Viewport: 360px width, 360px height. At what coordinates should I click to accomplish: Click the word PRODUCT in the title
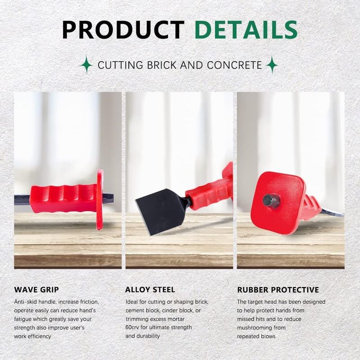(x=123, y=30)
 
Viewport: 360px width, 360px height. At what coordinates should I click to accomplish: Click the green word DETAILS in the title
(x=246, y=30)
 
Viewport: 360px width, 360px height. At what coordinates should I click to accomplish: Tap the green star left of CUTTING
(x=86, y=64)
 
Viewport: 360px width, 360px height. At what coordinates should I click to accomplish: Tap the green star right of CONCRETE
(x=272, y=64)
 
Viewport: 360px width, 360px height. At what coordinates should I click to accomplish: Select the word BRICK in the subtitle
(x=162, y=65)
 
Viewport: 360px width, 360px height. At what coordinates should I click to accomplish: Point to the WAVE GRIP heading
(x=36, y=290)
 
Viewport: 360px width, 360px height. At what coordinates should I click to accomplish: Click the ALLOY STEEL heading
(x=150, y=290)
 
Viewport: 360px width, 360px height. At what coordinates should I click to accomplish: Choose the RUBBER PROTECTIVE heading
(x=278, y=290)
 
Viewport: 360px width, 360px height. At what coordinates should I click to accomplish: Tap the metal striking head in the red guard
(x=271, y=201)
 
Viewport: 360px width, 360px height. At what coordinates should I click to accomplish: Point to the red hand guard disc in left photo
(x=100, y=199)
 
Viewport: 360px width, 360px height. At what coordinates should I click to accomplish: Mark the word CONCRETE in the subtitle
(x=234, y=65)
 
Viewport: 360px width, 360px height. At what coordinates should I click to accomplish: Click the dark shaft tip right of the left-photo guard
(x=108, y=198)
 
